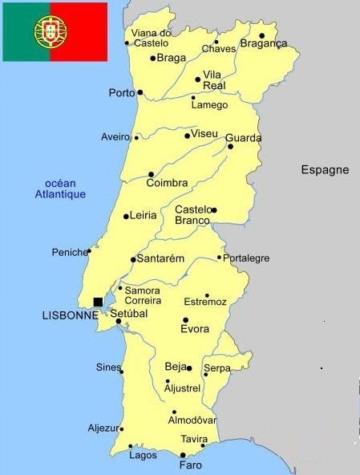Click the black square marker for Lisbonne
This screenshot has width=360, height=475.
[98, 302]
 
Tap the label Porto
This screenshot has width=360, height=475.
[122, 93]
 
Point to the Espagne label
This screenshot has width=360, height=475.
[325, 169]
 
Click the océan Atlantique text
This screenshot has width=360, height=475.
[60, 189]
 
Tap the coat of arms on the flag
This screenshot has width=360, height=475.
[50, 31]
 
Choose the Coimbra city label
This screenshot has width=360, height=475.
[167, 183]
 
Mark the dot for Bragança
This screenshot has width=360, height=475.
[262, 35]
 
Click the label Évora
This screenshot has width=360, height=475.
[194, 329]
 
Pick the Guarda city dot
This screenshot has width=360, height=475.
[230, 147]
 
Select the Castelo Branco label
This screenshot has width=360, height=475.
[193, 215]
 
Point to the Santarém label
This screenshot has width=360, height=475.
[160, 259]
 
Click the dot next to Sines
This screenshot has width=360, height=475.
[122, 371]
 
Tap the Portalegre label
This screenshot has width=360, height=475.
[247, 258]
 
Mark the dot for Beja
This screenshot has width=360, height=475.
[189, 368]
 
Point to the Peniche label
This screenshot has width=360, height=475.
[69, 252]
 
